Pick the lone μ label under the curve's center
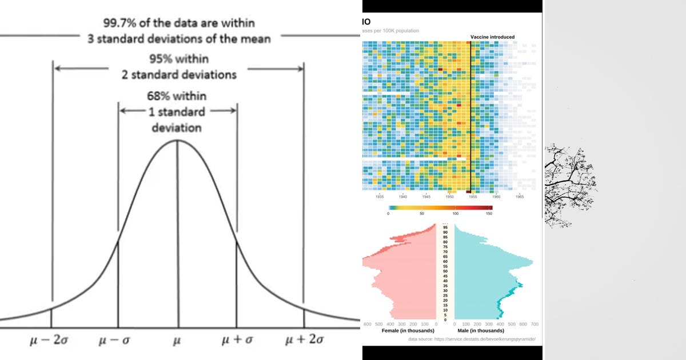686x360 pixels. [177, 341]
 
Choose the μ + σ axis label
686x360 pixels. [238, 341]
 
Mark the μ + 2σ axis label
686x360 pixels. [305, 341]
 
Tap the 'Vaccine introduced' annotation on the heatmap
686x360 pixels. [492, 37]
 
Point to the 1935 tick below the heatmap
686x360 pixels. [380, 197]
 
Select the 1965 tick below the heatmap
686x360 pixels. [520, 197]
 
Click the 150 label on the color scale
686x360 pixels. [489, 214]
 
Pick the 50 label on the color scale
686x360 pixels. [422, 214]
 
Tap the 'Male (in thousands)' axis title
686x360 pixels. [481, 331]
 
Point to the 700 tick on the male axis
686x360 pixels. [535, 325]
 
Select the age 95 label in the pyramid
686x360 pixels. [445, 227]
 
